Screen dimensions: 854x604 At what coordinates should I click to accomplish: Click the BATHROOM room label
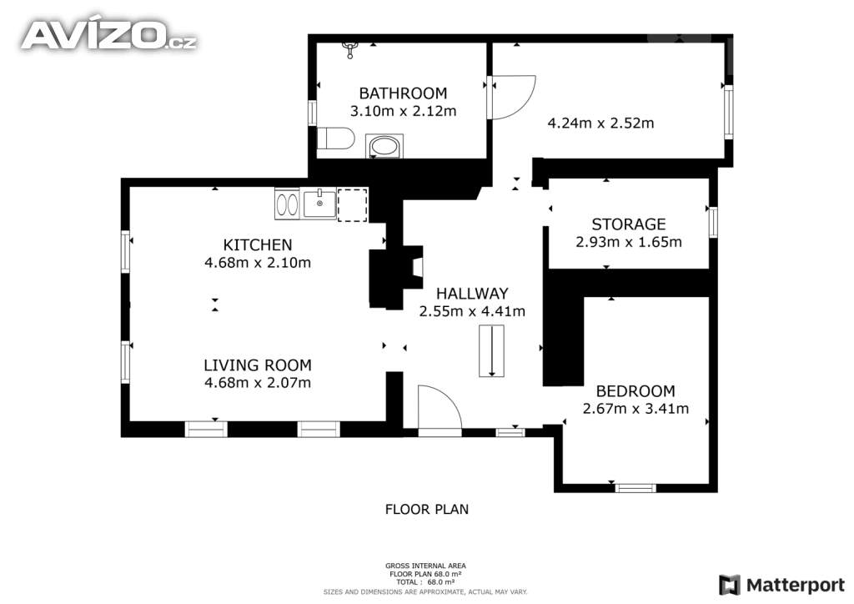click(403, 93)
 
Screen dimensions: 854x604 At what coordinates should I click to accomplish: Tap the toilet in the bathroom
click(335, 138)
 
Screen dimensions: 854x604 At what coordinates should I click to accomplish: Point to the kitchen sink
click(319, 204)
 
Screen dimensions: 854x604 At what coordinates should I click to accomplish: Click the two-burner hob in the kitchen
click(287, 204)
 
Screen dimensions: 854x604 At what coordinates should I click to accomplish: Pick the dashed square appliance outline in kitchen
click(353, 204)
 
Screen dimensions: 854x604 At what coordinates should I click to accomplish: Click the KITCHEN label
click(258, 244)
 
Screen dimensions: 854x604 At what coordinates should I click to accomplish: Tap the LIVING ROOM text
click(258, 365)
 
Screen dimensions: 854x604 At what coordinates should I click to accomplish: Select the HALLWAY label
click(472, 294)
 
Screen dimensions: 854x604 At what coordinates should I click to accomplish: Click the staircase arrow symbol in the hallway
click(492, 350)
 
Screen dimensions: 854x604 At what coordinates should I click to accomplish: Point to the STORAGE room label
click(629, 224)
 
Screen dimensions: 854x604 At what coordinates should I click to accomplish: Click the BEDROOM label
click(635, 391)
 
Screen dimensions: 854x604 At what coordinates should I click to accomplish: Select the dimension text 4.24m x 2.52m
click(600, 123)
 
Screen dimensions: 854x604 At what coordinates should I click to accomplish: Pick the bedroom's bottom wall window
click(635, 488)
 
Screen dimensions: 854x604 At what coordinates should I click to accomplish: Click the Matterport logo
click(781, 585)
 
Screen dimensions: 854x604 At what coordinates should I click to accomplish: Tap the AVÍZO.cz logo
click(109, 35)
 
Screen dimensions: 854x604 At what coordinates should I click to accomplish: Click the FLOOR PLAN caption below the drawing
click(427, 509)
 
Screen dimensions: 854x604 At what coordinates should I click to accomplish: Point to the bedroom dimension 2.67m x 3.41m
click(635, 409)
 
